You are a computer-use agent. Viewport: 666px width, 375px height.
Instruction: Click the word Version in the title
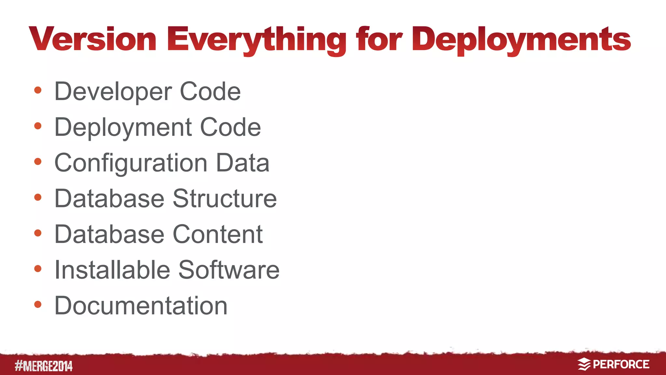click(x=93, y=39)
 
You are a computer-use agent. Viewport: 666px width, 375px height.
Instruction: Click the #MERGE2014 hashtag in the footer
click(x=44, y=366)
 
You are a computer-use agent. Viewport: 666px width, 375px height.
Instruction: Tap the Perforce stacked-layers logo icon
click(x=584, y=364)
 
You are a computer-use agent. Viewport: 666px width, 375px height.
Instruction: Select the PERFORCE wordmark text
click(x=621, y=364)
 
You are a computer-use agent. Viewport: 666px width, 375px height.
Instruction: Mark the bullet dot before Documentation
click(x=38, y=304)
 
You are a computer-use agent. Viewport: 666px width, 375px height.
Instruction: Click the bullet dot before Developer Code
click(x=38, y=90)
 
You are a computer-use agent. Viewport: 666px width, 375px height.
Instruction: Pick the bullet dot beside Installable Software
click(x=38, y=269)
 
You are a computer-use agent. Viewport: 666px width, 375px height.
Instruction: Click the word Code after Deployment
click(x=230, y=127)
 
